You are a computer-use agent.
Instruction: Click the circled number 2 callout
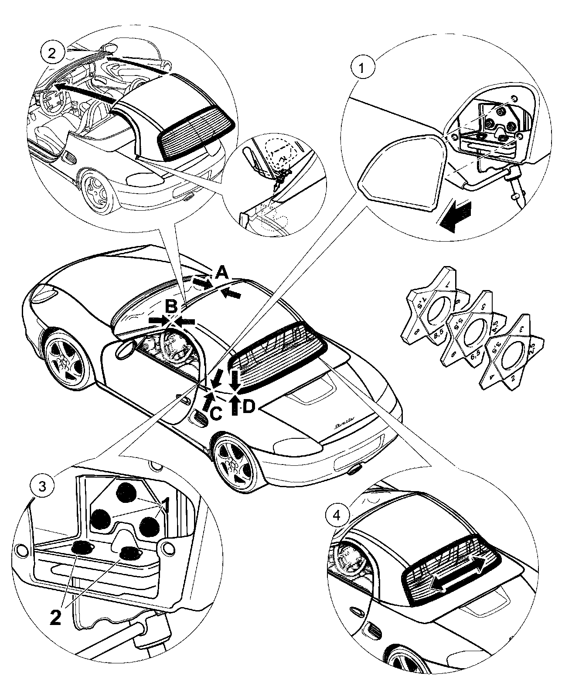tap(52, 53)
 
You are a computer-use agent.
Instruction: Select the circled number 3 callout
tap(41, 485)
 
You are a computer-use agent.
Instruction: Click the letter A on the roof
tap(221, 273)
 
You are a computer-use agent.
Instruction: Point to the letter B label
tap(172, 307)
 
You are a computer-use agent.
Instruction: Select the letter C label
tap(216, 413)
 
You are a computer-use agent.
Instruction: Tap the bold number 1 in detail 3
tap(166, 508)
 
